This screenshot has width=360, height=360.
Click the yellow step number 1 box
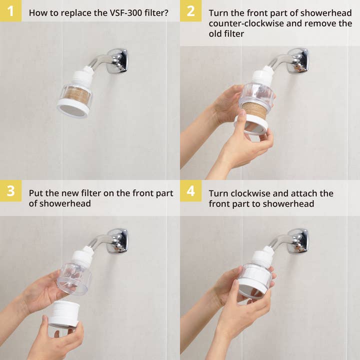tap(10, 11)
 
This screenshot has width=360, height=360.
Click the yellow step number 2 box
tap(190, 11)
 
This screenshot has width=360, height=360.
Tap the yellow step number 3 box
tap(10, 191)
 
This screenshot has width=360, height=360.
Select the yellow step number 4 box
tap(190, 191)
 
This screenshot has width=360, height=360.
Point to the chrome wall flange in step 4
tap(298, 240)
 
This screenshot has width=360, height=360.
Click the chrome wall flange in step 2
tap(298, 60)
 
